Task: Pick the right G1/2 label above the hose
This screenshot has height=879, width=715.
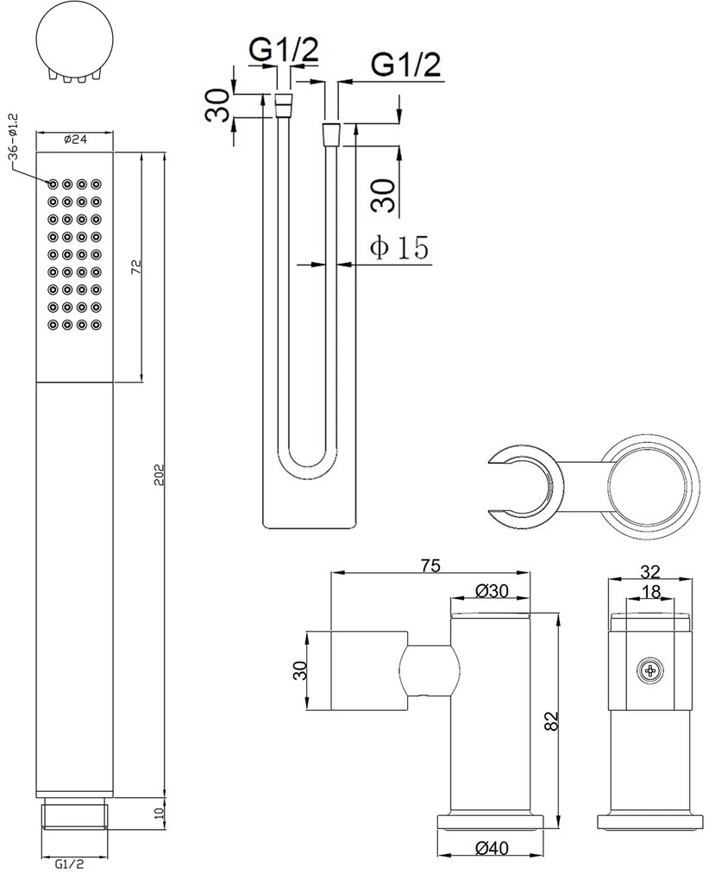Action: tap(405, 65)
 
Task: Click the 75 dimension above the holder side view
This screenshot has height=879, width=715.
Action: tap(430, 565)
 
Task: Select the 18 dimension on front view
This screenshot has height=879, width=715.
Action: tap(651, 591)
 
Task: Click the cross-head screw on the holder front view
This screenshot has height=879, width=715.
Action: tap(650, 670)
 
